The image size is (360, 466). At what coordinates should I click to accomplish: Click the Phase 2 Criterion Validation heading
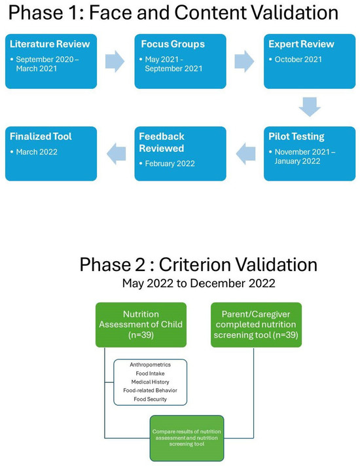coord(198,265)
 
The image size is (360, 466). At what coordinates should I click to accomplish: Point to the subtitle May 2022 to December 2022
coord(198,284)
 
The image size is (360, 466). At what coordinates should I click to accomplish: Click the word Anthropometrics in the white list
coord(149,365)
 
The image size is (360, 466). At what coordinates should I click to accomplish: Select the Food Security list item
coord(149,399)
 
